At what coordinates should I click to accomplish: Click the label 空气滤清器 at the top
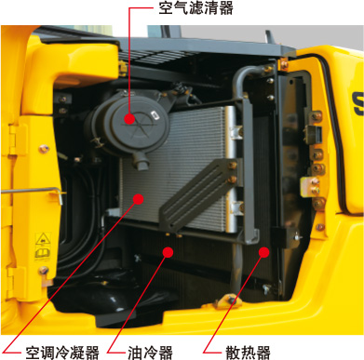point(196,8)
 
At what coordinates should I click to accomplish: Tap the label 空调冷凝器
point(62,353)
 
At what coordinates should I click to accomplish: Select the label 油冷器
point(150,353)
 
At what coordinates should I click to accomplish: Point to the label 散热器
point(248,353)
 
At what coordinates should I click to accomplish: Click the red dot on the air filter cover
point(129,119)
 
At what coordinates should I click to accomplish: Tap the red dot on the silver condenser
point(138,199)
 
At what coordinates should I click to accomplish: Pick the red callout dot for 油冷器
point(168,252)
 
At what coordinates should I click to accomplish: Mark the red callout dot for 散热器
point(264,252)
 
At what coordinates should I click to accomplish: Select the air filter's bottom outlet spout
point(142,162)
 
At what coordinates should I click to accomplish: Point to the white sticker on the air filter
point(155,115)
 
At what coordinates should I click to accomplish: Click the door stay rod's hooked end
point(59,195)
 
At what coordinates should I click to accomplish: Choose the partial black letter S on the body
point(357,103)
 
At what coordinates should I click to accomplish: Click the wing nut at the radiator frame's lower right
point(297,237)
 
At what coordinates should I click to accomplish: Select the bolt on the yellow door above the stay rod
point(44,149)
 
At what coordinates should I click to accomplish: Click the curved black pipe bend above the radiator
point(245,76)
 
